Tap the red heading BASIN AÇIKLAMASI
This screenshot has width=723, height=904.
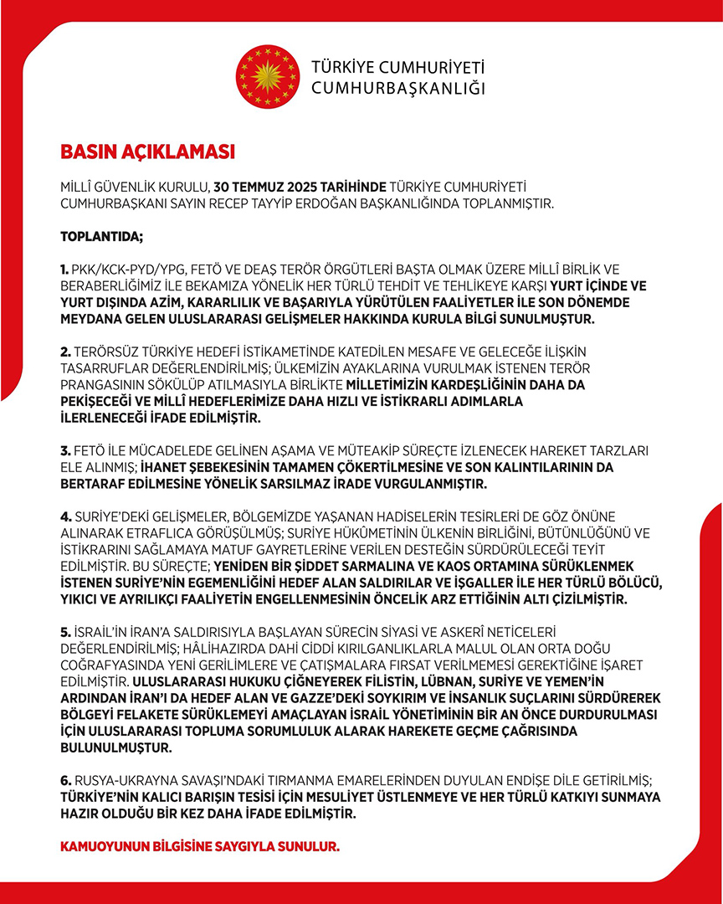tap(147, 153)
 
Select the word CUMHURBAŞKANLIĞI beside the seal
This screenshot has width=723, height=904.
tap(397, 88)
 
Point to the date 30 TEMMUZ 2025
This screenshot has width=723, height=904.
tap(254, 186)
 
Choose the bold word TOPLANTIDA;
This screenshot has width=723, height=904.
tap(101, 237)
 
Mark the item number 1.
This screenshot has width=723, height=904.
tap(64, 269)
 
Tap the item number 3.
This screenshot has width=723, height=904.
tap(65, 451)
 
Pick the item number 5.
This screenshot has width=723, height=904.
tap(65, 630)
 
